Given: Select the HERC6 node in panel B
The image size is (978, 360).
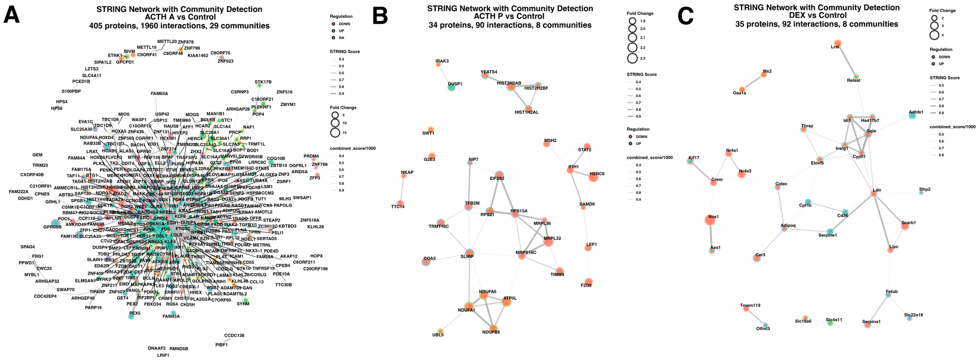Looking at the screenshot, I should tap(593, 177).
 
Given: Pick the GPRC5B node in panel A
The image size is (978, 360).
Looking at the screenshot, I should tap(55, 223).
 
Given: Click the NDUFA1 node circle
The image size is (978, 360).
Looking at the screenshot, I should tap(469, 307).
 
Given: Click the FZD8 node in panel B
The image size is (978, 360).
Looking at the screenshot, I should tap(588, 282).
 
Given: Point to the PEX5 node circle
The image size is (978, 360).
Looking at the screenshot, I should tap(131, 316).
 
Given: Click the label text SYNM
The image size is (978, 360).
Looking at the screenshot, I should tap(243, 304).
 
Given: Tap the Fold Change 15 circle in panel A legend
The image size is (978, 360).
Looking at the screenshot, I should tap(335, 133).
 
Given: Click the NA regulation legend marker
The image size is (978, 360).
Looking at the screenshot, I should tap(333, 38).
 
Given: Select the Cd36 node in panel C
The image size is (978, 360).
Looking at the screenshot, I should tap(845, 212).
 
